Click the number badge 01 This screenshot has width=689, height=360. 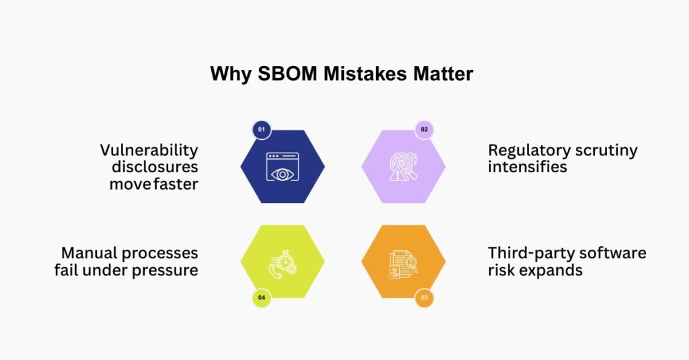[x=262, y=129]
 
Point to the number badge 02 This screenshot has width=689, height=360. [x=424, y=129]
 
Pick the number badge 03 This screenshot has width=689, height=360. [x=424, y=297]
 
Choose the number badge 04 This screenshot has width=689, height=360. [x=262, y=297]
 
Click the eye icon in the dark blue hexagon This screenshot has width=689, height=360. [x=283, y=167]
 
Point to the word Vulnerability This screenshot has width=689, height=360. [x=149, y=150]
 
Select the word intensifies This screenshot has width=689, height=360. [x=528, y=166]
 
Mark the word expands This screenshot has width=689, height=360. [x=556, y=271]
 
